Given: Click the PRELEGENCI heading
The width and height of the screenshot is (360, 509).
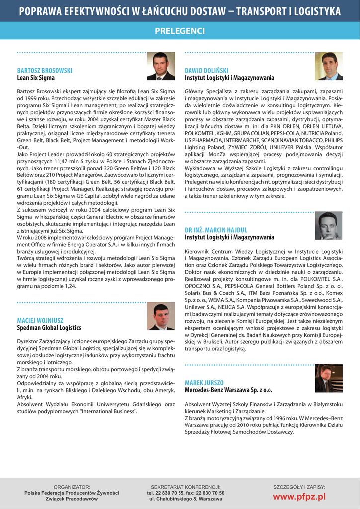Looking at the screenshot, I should pos(180,31).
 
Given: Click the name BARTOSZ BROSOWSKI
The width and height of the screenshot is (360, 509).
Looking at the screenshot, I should pos(45,71).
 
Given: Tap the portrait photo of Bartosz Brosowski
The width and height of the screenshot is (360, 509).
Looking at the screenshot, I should pos(161,67).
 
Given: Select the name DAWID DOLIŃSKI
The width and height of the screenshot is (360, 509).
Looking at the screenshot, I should pos(206,71).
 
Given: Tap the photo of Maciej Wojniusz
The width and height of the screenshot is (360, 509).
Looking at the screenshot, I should pos(161,317).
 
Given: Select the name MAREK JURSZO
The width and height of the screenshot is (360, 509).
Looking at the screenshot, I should pos(204,382).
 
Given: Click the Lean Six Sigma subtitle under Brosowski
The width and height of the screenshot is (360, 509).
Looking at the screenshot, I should pos(36,78).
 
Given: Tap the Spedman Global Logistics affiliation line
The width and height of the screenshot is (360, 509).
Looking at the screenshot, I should pos(49,328).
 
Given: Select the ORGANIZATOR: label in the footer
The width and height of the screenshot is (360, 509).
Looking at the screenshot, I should pos(72,487).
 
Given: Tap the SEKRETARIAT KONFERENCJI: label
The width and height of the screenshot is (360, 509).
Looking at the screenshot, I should pos(185,487).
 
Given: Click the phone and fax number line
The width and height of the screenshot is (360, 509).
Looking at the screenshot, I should pos(185,493).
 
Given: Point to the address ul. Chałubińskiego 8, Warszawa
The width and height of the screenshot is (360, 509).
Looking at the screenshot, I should pos(185,498).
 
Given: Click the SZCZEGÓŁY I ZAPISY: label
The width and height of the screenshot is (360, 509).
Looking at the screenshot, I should pos(299,487).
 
